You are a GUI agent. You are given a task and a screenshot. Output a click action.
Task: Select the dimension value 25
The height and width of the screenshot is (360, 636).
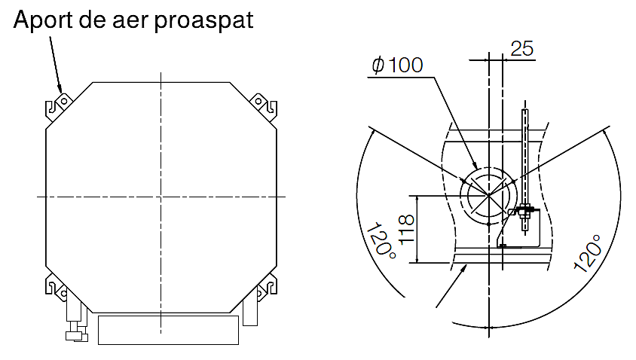pyautogui.click(x=522, y=49)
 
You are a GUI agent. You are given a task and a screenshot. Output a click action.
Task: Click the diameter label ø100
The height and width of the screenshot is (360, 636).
pyautogui.click(x=397, y=66)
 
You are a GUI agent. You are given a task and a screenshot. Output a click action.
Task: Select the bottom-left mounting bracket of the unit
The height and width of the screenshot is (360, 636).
pyautogui.click(x=57, y=287)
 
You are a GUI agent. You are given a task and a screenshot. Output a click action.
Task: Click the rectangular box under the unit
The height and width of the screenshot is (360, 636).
pyautogui.click(x=169, y=330)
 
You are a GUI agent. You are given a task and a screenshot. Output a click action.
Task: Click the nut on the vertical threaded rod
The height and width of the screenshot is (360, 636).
pyautogui.click(x=525, y=210)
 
